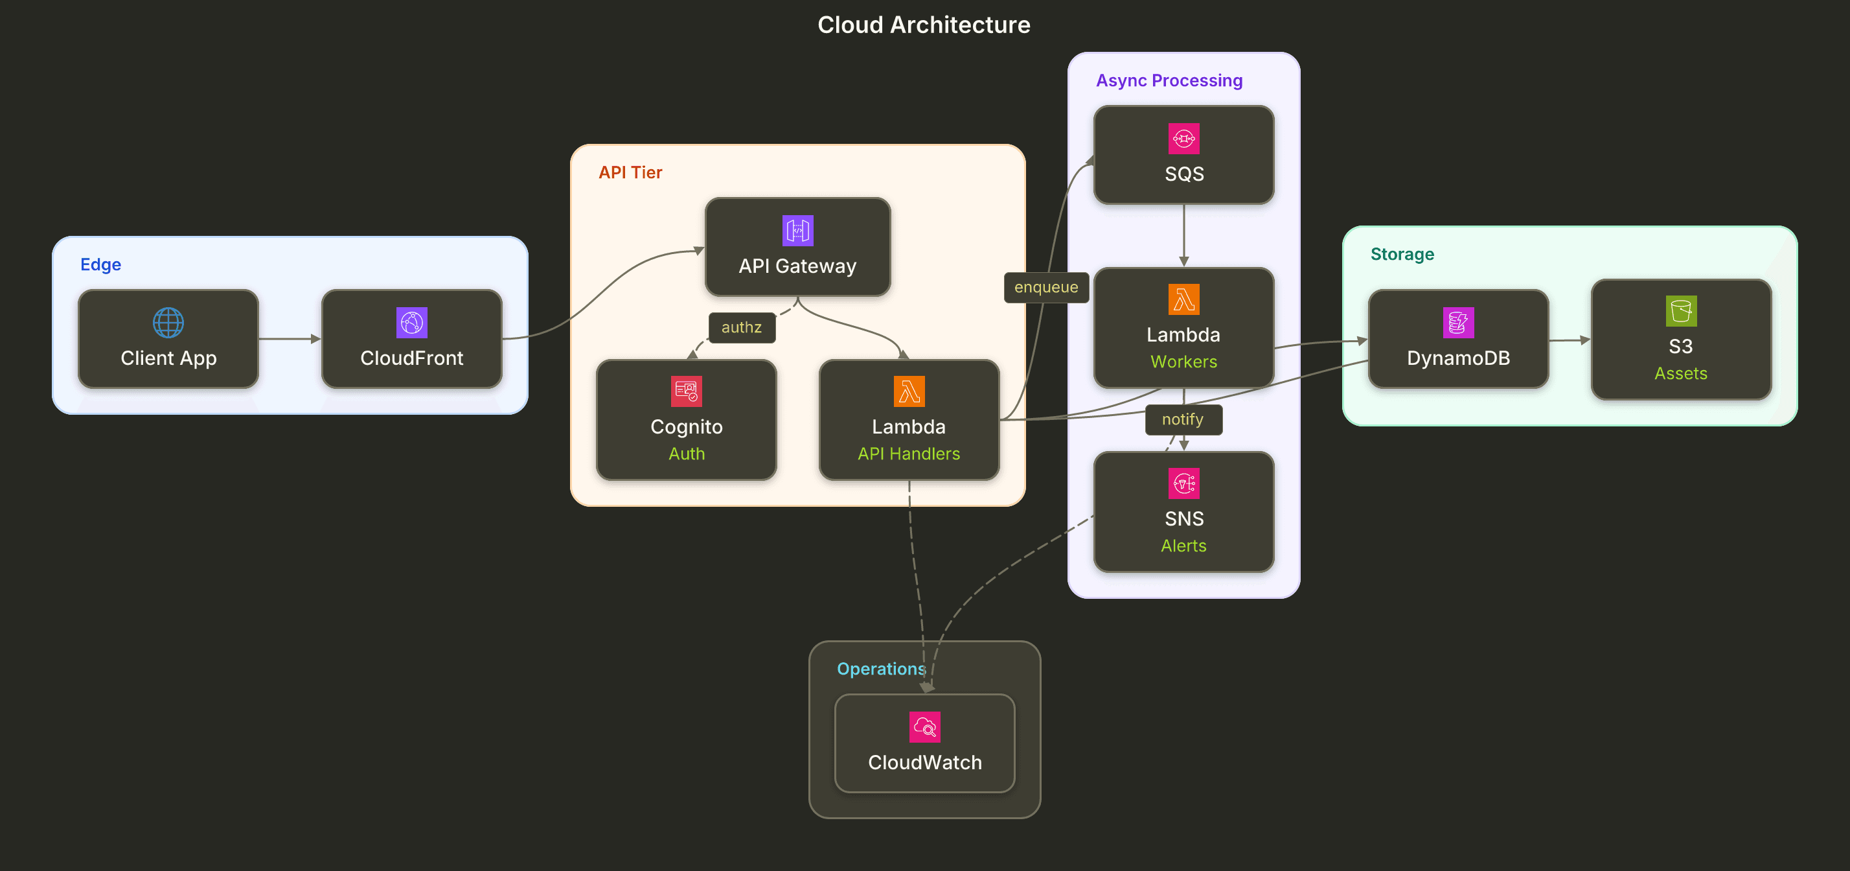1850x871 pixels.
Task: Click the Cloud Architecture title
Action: tap(924, 25)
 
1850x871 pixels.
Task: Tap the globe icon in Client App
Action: tap(168, 323)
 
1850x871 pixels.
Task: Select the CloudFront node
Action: tap(411, 338)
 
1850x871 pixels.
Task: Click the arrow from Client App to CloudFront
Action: tap(290, 338)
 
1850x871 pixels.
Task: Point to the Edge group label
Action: tap(100, 264)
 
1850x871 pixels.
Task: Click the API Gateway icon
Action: tap(797, 231)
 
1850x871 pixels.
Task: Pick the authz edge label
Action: tap(741, 328)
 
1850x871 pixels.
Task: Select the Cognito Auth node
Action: tap(686, 420)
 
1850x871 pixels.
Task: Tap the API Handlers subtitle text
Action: tap(908, 454)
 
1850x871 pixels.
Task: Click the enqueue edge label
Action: tap(1045, 288)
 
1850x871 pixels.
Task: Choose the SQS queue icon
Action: tap(1183, 139)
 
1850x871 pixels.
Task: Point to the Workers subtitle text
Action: tap(1183, 362)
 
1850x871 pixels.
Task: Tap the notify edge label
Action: tap(1182, 420)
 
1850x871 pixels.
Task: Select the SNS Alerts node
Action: tap(1183, 512)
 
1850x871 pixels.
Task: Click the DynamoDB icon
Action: tap(1458, 323)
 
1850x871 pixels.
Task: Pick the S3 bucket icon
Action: tap(1680, 311)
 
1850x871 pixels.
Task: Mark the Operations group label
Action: tap(881, 669)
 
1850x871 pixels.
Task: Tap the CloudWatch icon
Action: tap(924, 727)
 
